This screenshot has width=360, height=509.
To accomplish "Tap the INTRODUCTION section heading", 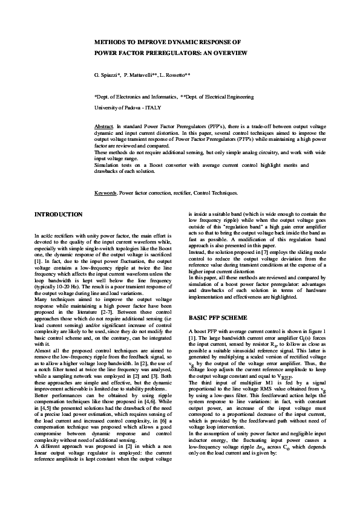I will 59,215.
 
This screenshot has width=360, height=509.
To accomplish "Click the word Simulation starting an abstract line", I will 108,165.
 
